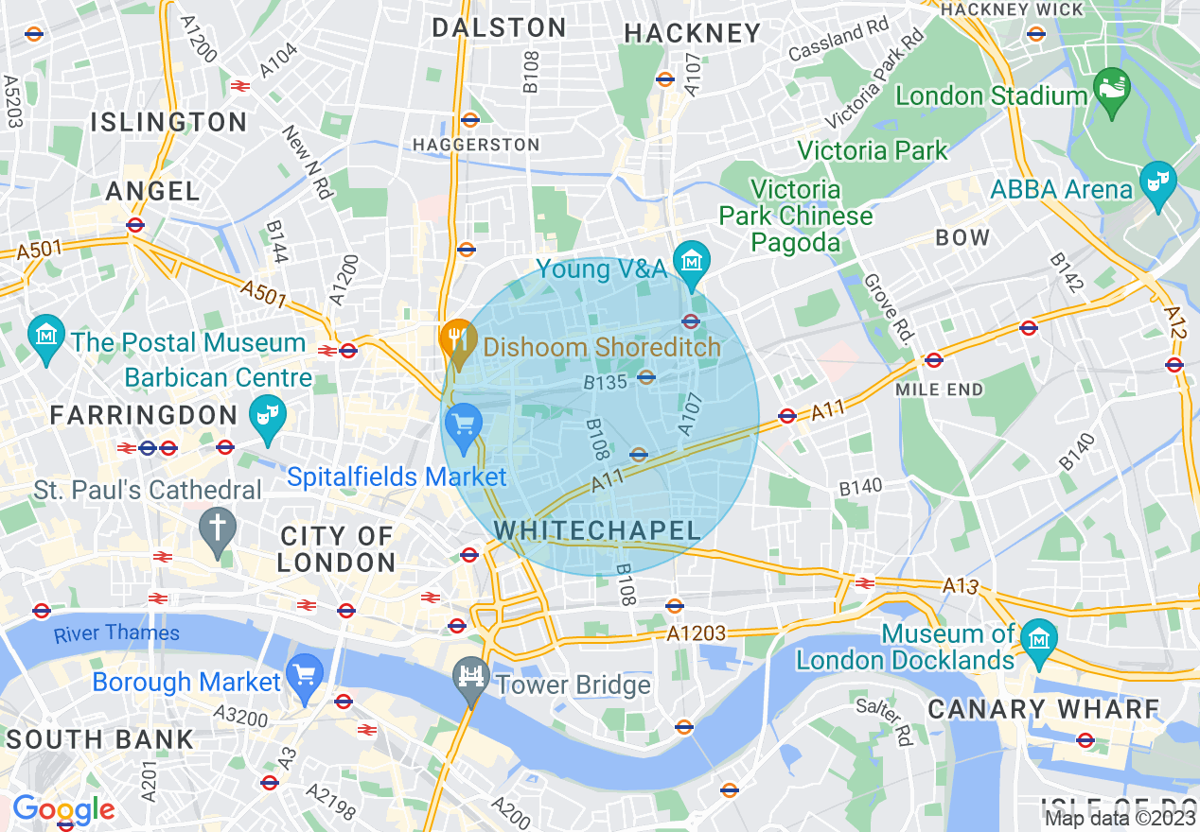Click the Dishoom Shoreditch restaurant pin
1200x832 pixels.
point(459,342)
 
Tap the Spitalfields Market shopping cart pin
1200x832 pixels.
point(464,425)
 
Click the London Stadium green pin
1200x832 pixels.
point(1111,89)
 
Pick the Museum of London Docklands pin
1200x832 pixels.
point(1039,641)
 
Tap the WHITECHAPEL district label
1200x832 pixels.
point(597,530)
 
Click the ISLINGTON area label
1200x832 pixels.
point(168,122)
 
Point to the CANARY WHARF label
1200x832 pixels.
point(1043,709)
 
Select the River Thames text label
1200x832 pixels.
point(116,633)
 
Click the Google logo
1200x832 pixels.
point(63,809)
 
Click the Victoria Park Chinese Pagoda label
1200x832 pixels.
point(795,217)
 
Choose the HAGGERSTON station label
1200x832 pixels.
point(476,145)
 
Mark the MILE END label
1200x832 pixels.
point(939,389)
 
